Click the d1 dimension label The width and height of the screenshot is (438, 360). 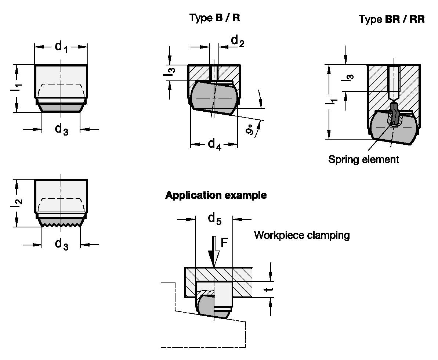tap(61, 47)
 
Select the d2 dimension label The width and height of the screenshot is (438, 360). tap(238, 42)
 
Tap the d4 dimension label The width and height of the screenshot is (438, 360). tap(214, 144)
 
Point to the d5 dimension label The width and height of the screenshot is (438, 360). tap(214, 219)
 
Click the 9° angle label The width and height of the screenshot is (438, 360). tap(250, 130)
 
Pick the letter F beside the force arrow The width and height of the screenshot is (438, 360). tap(224, 242)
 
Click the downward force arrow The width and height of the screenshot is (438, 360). tap(213, 252)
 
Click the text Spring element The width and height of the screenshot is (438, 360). tap(363, 159)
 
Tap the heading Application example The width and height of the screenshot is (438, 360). tap(216, 195)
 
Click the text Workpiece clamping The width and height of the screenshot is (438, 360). tap(301, 235)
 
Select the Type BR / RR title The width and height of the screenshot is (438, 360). tap(392, 19)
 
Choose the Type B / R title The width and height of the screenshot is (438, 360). tap(214, 18)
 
